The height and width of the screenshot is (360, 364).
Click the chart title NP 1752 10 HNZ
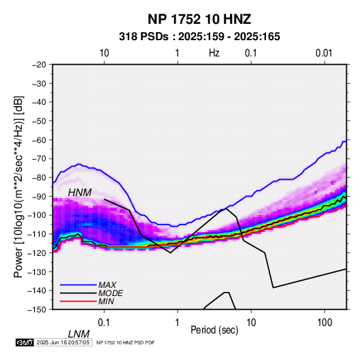[199, 19]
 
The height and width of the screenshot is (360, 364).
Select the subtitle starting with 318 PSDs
[199, 37]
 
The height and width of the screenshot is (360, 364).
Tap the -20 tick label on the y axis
[39, 65]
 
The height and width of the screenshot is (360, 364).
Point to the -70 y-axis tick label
[39, 159]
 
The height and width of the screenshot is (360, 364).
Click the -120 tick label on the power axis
[37, 252]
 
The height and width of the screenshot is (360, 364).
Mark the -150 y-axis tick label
[37, 310]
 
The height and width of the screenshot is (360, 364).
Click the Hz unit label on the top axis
[214, 53]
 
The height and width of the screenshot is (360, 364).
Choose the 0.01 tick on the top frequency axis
[324, 53]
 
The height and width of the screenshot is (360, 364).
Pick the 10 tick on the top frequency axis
[104, 53]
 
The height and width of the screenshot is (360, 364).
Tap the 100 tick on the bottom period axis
[325, 323]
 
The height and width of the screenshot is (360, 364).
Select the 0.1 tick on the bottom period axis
[104, 323]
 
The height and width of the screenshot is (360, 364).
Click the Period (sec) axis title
[214, 330]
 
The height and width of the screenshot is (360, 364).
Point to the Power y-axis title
[18, 186]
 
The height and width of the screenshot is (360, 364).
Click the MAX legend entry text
[107, 285]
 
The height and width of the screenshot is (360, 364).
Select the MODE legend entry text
[110, 293]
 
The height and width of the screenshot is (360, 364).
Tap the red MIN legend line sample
[78, 301]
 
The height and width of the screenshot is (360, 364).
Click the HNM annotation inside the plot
[80, 193]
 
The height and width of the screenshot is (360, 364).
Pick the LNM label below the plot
[78, 334]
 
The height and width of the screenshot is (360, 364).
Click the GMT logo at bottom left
[25, 342]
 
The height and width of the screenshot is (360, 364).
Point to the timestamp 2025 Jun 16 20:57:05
[63, 342]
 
